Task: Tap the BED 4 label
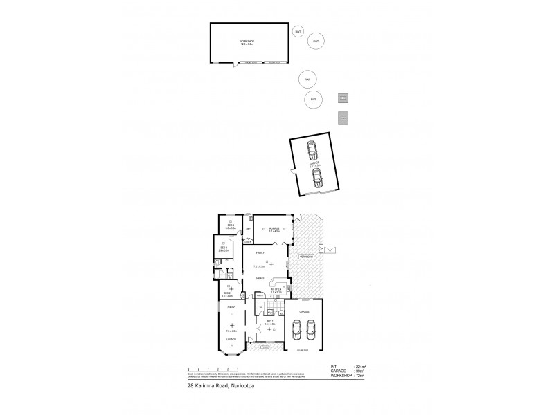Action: [231, 225]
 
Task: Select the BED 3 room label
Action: [224, 247]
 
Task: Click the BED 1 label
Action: [269, 322]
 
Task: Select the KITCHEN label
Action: [275, 288]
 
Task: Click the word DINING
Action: [231, 306]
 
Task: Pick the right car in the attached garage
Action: [312, 329]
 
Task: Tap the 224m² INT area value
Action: [360, 367]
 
